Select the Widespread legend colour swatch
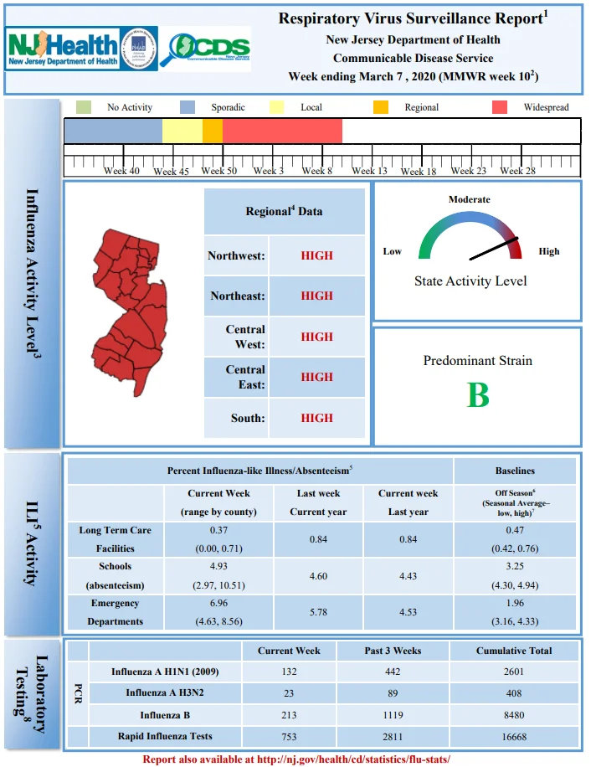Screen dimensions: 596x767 499,107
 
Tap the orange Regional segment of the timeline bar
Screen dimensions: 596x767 213,131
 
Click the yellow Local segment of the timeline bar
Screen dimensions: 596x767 182,131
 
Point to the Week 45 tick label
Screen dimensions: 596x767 171,171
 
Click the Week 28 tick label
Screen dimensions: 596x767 518,171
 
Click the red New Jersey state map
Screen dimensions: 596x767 130,311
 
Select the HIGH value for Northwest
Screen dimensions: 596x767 316,255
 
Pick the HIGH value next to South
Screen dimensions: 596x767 316,418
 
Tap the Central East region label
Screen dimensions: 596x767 245,377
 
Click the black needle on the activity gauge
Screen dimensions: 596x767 494,249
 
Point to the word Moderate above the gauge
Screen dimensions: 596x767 470,199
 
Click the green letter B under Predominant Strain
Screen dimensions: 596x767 478,394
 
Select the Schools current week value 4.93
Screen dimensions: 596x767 218,566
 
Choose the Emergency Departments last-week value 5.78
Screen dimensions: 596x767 318,612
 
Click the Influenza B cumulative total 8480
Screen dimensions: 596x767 514,715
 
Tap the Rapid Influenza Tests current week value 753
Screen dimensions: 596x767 289,737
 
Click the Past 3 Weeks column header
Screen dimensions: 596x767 393,651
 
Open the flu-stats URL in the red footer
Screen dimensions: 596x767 353,759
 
